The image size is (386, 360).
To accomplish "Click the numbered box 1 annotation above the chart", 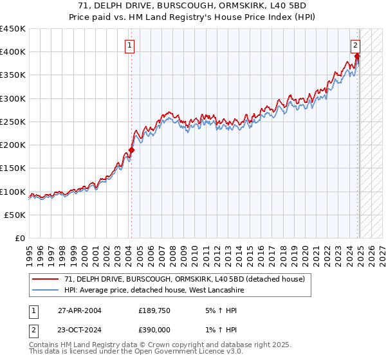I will click(131, 45).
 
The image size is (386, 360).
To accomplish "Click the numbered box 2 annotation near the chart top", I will click(355, 45).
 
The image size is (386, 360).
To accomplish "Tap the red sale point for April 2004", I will click(131, 150).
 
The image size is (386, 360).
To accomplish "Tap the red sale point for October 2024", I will click(357, 57).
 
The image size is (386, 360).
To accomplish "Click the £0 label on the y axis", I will click(21, 238).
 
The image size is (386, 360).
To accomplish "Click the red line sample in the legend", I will click(46, 280).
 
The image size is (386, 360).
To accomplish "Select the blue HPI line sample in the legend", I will click(46, 290).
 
